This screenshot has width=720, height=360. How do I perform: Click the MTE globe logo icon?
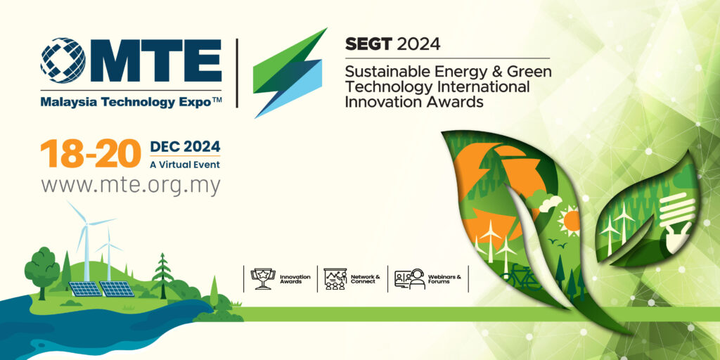click(x=63, y=60)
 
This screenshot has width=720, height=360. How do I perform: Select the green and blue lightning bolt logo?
click(x=290, y=72)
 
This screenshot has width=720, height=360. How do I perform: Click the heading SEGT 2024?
click(x=392, y=44)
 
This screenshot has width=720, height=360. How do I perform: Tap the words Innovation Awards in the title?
click(x=413, y=101)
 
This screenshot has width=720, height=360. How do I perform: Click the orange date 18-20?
click(x=91, y=154)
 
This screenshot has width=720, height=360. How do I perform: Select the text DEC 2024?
click(x=185, y=147)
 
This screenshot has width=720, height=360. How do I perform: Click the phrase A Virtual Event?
click(x=185, y=164)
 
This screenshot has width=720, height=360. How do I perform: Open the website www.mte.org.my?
click(x=131, y=186)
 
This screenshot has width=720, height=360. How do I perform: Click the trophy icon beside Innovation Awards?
click(x=263, y=278)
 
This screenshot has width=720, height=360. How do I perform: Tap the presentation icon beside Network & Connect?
click(x=335, y=278)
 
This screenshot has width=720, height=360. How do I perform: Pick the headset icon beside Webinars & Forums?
click(x=410, y=278)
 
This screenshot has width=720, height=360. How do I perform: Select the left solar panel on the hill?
click(x=85, y=289)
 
